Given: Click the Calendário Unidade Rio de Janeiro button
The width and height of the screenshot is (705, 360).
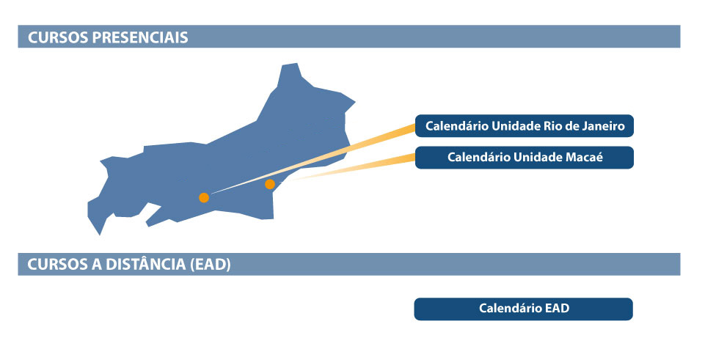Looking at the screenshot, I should pos(524,126).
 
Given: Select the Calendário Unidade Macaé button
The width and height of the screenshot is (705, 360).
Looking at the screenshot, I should pos(524,158).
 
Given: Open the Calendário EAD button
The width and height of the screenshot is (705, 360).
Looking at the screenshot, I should pos(524,309).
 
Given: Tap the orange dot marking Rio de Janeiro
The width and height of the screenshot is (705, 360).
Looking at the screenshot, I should pos(204,197).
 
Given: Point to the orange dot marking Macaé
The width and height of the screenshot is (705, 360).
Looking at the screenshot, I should pos(270,184).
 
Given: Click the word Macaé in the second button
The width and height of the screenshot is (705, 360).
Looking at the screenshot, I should pos(585,157).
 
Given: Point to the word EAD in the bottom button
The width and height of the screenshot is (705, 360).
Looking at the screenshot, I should pos(558,309).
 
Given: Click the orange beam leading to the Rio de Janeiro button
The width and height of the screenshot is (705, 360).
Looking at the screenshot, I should pos(367,143).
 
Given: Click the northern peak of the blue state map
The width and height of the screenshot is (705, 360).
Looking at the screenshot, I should pos(289,67).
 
